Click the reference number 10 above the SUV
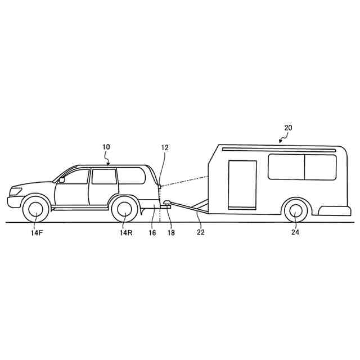point(106,147)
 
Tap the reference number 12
point(165,148)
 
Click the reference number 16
point(152,232)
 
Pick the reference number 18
point(170,232)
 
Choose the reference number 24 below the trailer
point(294,232)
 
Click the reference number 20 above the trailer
point(287,128)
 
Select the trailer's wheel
point(295,211)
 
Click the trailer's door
point(242,184)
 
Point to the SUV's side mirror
point(61,180)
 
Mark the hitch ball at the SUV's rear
point(167,204)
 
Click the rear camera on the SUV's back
point(160,185)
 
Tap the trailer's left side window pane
point(286,167)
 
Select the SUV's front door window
point(78,176)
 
